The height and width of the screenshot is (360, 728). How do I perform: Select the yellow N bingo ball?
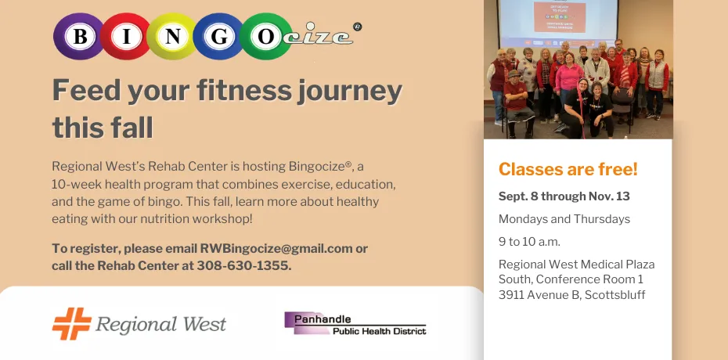coord(174,36)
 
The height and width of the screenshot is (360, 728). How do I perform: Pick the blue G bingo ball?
coord(220,36)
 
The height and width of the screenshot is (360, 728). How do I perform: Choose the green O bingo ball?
coord(265,36)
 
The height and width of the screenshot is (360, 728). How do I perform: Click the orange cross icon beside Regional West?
coord(71,322)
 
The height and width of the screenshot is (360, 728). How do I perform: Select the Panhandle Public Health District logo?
coord(355,323)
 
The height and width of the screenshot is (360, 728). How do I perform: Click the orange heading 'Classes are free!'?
coord(568,169)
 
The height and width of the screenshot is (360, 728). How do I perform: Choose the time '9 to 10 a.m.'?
coord(529,241)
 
